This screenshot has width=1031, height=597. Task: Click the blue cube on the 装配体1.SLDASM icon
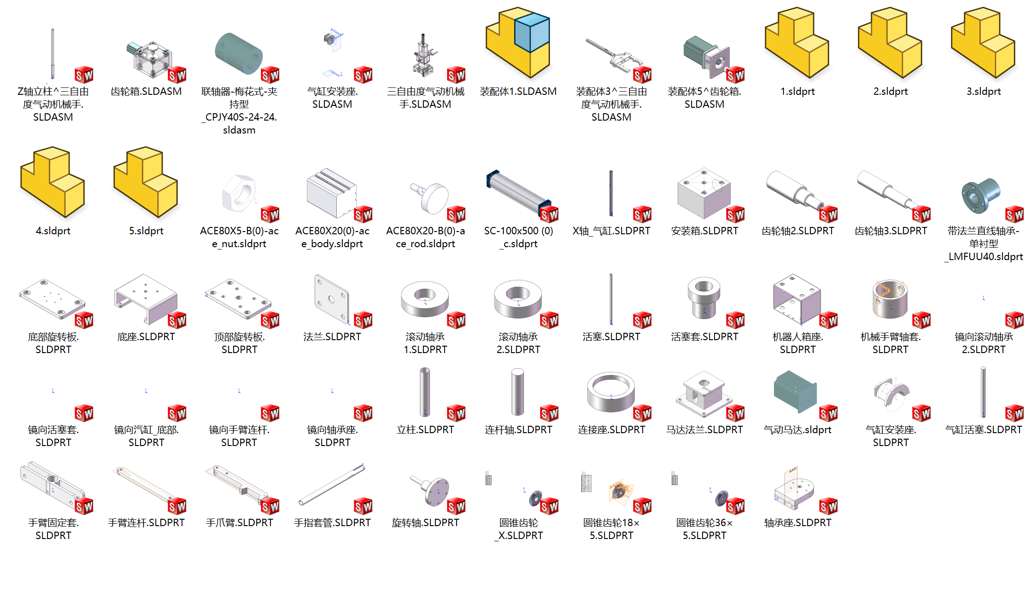click(532, 32)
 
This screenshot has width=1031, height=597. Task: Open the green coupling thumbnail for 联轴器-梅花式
click(238, 53)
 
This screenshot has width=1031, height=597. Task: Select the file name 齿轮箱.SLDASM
click(146, 92)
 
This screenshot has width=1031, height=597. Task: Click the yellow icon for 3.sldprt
click(983, 44)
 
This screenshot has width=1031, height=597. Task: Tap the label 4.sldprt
click(53, 231)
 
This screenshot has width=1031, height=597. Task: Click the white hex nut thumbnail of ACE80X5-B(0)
click(239, 193)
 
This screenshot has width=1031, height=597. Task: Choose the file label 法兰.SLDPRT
click(332, 337)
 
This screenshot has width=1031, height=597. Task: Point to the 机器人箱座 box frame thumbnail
click(797, 299)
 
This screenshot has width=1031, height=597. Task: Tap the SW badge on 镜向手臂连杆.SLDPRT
click(270, 413)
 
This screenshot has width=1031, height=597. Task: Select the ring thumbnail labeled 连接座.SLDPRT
click(610, 392)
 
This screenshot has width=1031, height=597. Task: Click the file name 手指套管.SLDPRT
click(332, 523)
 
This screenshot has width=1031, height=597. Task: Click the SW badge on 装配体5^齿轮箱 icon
click(735, 75)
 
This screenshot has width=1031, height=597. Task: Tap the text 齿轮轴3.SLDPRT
click(890, 231)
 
